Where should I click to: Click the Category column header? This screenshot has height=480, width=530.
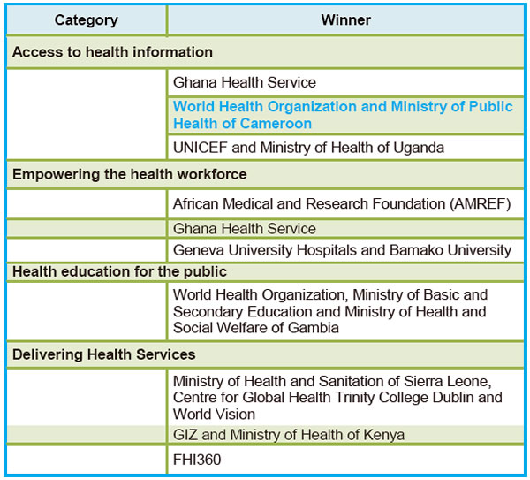click(87, 20)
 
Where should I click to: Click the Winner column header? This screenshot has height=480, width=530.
click(345, 20)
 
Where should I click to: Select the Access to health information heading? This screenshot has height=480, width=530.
click(112, 52)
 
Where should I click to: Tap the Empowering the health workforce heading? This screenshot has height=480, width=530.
click(130, 174)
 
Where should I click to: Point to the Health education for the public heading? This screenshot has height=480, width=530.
click(119, 271)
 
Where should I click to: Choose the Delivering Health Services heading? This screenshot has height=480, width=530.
click(104, 354)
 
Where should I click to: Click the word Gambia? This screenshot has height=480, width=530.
click(314, 328)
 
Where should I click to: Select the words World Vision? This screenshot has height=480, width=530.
click(215, 415)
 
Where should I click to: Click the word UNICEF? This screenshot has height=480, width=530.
click(201, 148)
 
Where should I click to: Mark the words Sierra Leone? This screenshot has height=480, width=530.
click(448, 381)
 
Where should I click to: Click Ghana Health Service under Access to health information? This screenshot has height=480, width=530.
click(245, 82)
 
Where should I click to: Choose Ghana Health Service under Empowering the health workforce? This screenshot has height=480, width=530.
click(245, 229)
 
